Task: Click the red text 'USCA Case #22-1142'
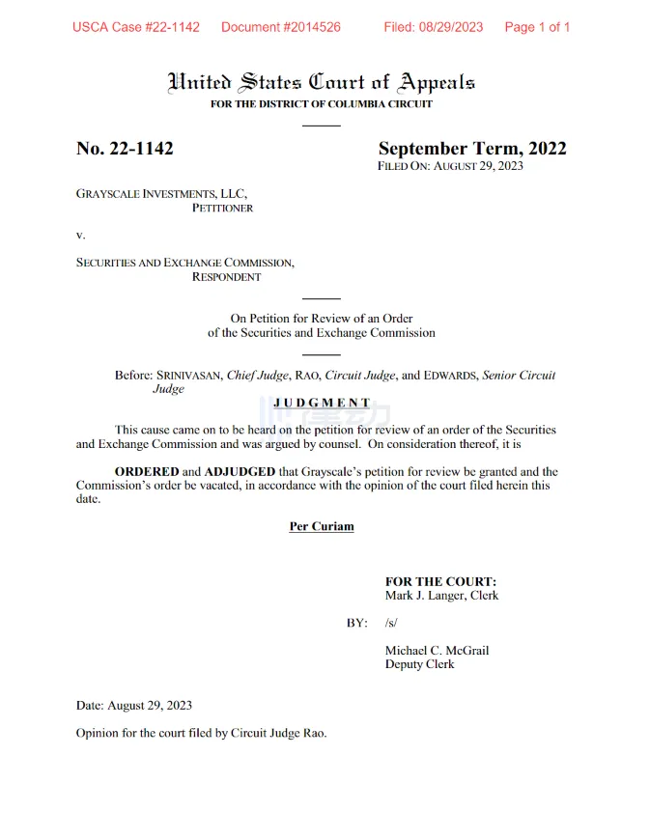pyautogui.click(x=136, y=27)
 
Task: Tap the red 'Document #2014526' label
pyautogui.click(x=280, y=27)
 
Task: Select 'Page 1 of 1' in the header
pyautogui.click(x=537, y=27)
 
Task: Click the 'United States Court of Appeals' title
pyautogui.click(x=322, y=82)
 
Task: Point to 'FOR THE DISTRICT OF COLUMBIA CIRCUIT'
pyautogui.click(x=322, y=104)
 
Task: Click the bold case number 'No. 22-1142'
pyautogui.click(x=125, y=149)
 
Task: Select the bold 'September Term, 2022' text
pyautogui.click(x=471, y=149)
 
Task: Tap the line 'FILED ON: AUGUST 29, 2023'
pyautogui.click(x=450, y=166)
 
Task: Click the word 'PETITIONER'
pyautogui.click(x=222, y=208)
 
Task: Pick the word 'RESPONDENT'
pyautogui.click(x=226, y=277)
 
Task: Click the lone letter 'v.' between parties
pyautogui.click(x=81, y=235)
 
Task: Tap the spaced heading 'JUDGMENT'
pyautogui.click(x=322, y=403)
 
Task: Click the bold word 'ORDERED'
pyautogui.click(x=147, y=472)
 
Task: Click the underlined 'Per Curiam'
pyautogui.click(x=322, y=526)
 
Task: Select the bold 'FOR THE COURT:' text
pyautogui.click(x=440, y=582)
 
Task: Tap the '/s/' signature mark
pyautogui.click(x=391, y=623)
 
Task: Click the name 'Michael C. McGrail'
pyautogui.click(x=437, y=651)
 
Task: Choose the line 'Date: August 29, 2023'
pyautogui.click(x=134, y=706)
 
